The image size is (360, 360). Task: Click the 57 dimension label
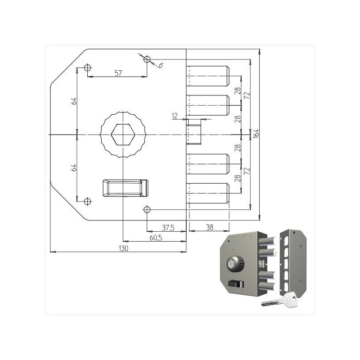pyautogui.click(x=118, y=73)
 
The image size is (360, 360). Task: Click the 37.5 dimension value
pyautogui.click(x=168, y=227)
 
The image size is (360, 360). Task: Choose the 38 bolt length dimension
pyautogui.click(x=209, y=227)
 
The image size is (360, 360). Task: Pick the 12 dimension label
pyautogui.click(x=175, y=116)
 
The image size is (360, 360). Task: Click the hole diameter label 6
pyautogui.click(x=160, y=66)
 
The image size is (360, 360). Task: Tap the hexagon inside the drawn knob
pyautogui.click(x=123, y=135)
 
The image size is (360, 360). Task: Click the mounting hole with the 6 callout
pyautogui.click(x=147, y=59)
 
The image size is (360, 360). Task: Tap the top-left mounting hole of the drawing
pyautogui.click(x=87, y=68)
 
